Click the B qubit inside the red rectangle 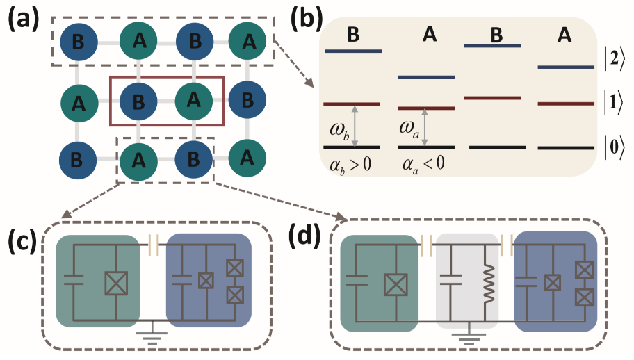[x=139, y=101]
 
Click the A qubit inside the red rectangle [x=193, y=101]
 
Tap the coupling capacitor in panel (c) [x=155, y=243]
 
